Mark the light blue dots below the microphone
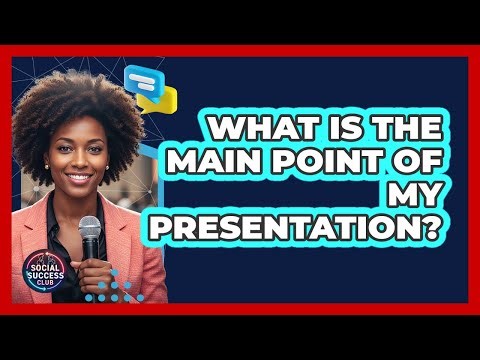pos(113,290)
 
